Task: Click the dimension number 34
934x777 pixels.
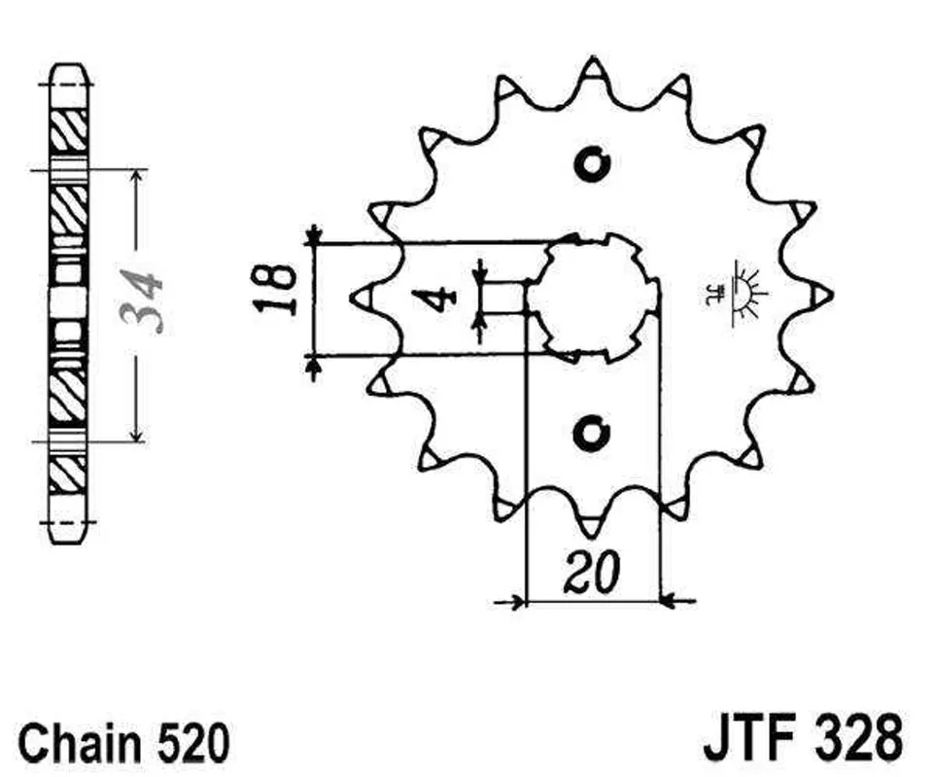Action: click(x=141, y=300)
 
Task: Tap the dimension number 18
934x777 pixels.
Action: click(x=275, y=289)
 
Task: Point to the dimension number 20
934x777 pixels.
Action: click(x=592, y=573)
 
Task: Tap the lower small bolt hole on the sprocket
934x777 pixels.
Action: click(x=592, y=433)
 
